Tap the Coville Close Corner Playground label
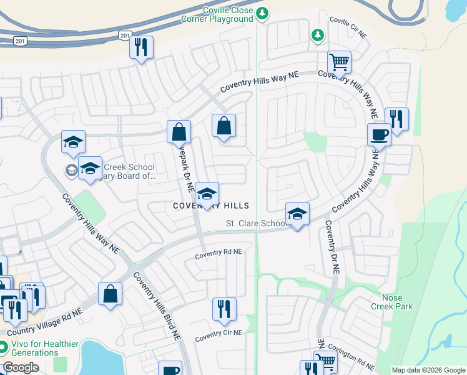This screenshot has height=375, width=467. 229,15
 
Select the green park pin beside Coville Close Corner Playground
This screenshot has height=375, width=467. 263,13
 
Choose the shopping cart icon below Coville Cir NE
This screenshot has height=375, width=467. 339,62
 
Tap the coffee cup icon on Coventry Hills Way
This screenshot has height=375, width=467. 379,134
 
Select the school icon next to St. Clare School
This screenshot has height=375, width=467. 297,214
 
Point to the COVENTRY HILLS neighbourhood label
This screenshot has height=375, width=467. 211,206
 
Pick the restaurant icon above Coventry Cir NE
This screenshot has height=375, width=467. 224,308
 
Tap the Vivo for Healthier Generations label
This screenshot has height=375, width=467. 37,348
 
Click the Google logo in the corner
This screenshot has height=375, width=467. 21,367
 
